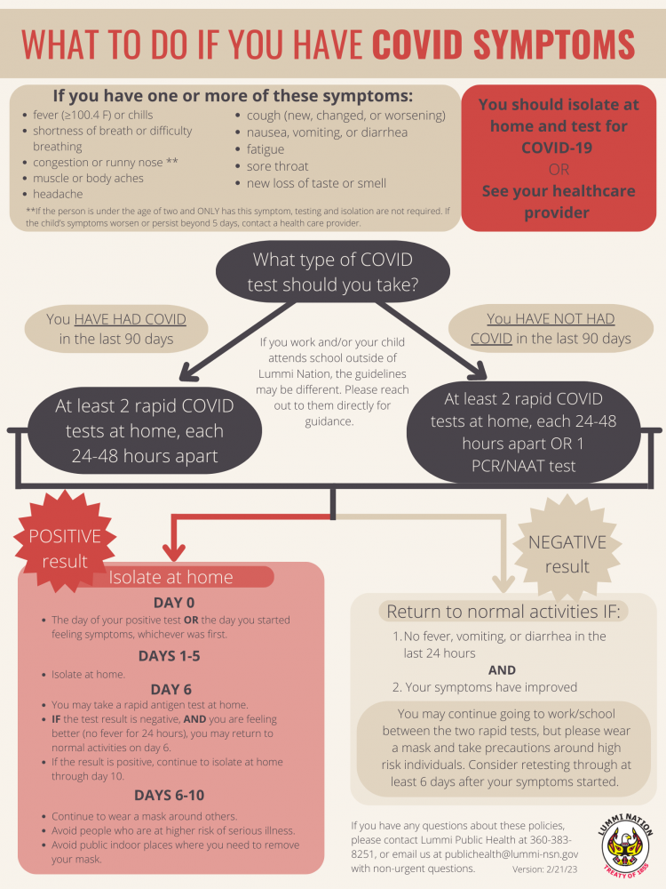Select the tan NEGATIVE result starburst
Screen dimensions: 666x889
567,548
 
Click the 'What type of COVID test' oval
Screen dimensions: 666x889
333,271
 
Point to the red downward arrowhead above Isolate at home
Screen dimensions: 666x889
173,553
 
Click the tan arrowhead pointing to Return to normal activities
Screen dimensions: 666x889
503,584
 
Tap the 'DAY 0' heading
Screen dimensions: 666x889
174,602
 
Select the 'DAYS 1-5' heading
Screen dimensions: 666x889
170,656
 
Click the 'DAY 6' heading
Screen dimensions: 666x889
171,690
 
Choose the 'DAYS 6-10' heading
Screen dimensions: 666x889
170,796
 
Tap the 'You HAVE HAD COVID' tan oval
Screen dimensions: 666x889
116,329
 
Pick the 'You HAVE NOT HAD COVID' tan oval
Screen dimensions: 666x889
551,329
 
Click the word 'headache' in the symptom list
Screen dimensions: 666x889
58,194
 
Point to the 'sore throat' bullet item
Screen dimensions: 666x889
277,166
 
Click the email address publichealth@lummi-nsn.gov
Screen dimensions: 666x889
511,853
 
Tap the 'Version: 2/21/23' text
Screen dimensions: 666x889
545,869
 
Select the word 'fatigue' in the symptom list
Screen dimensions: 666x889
266,149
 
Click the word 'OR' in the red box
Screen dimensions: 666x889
559,169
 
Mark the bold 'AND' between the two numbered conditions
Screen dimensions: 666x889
502,670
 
